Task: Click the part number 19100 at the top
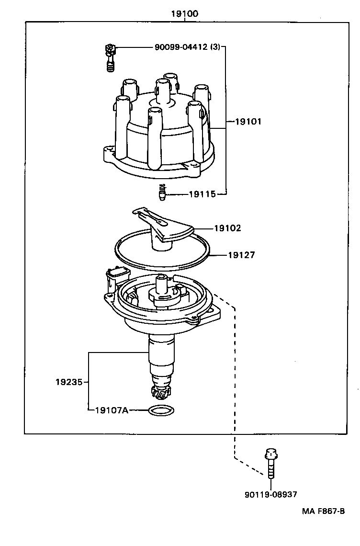click(x=185, y=14)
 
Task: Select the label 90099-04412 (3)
click(x=187, y=47)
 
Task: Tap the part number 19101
click(x=248, y=122)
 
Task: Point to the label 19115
click(x=202, y=194)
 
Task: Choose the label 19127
click(x=241, y=255)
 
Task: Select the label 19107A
click(x=112, y=410)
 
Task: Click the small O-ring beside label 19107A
click(x=160, y=410)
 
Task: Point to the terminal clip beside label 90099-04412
click(x=111, y=57)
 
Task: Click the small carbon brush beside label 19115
click(x=162, y=193)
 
